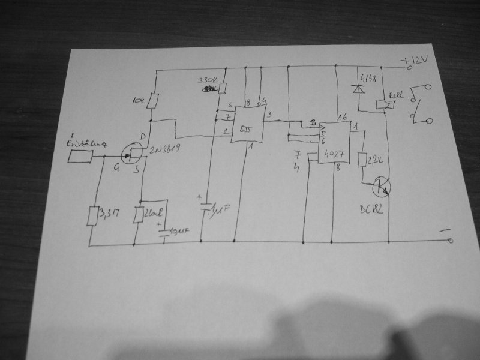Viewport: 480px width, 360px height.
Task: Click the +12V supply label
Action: coord(416,61)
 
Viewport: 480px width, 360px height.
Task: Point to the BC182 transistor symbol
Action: coord(380,187)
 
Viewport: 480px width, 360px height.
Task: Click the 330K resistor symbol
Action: coord(223,88)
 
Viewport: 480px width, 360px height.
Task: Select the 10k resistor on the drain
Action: coord(155,100)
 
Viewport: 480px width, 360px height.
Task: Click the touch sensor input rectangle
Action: coord(80,157)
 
